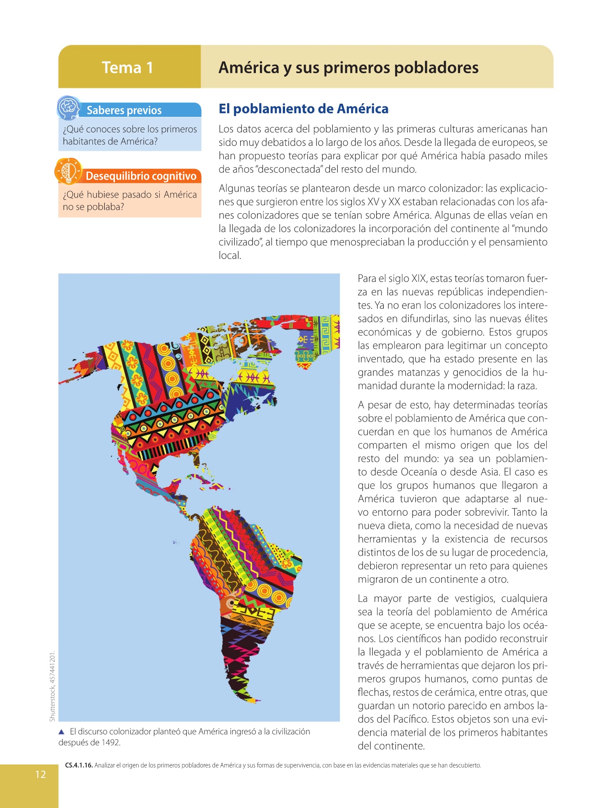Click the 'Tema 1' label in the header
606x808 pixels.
tap(127, 68)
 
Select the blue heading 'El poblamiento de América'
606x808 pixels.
tap(303, 109)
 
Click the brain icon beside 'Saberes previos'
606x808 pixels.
tap(68, 108)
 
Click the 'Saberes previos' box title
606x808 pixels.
tap(124, 110)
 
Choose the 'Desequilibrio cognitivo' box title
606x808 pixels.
tap(141, 176)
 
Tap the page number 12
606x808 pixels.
tap(40, 774)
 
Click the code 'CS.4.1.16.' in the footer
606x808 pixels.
tap(79, 765)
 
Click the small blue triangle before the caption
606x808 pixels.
tap(62, 732)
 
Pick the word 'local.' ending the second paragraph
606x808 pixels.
tap(230, 256)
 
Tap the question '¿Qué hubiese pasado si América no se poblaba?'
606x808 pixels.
tap(130, 201)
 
